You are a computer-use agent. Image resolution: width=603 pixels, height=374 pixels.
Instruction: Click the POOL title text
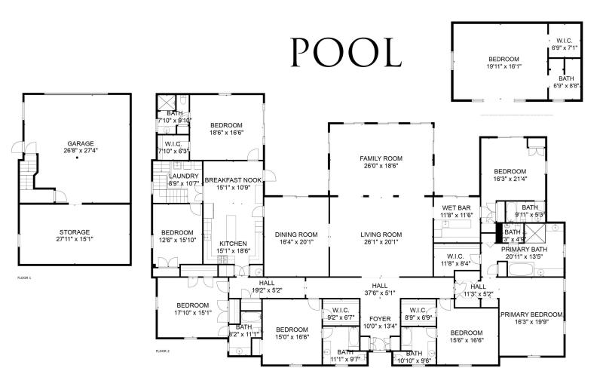[x=346, y=53]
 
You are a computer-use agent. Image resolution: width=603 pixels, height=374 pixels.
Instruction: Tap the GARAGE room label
[x=80, y=143]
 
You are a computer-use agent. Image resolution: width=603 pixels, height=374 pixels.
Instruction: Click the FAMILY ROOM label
[x=381, y=158]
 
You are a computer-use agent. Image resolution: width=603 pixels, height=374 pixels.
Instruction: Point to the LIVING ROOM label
[x=381, y=235]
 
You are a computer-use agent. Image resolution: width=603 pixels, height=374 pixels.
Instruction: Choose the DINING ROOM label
[x=295, y=235]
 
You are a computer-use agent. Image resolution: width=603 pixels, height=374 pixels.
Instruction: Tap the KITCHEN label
[x=232, y=243]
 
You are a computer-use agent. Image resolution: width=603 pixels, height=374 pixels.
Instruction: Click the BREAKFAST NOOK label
[x=232, y=181]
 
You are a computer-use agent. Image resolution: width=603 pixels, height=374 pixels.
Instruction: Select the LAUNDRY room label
[x=183, y=176]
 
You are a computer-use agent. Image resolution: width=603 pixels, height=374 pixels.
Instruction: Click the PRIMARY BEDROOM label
[x=531, y=314]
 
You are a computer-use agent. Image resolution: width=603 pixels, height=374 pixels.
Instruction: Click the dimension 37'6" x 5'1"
[x=380, y=293]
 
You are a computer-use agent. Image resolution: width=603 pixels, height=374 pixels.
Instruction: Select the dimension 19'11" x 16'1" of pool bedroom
[x=503, y=66]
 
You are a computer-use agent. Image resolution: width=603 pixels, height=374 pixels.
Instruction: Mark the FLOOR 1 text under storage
[x=25, y=277]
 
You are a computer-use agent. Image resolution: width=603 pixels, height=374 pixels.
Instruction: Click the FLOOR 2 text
[x=163, y=351]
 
